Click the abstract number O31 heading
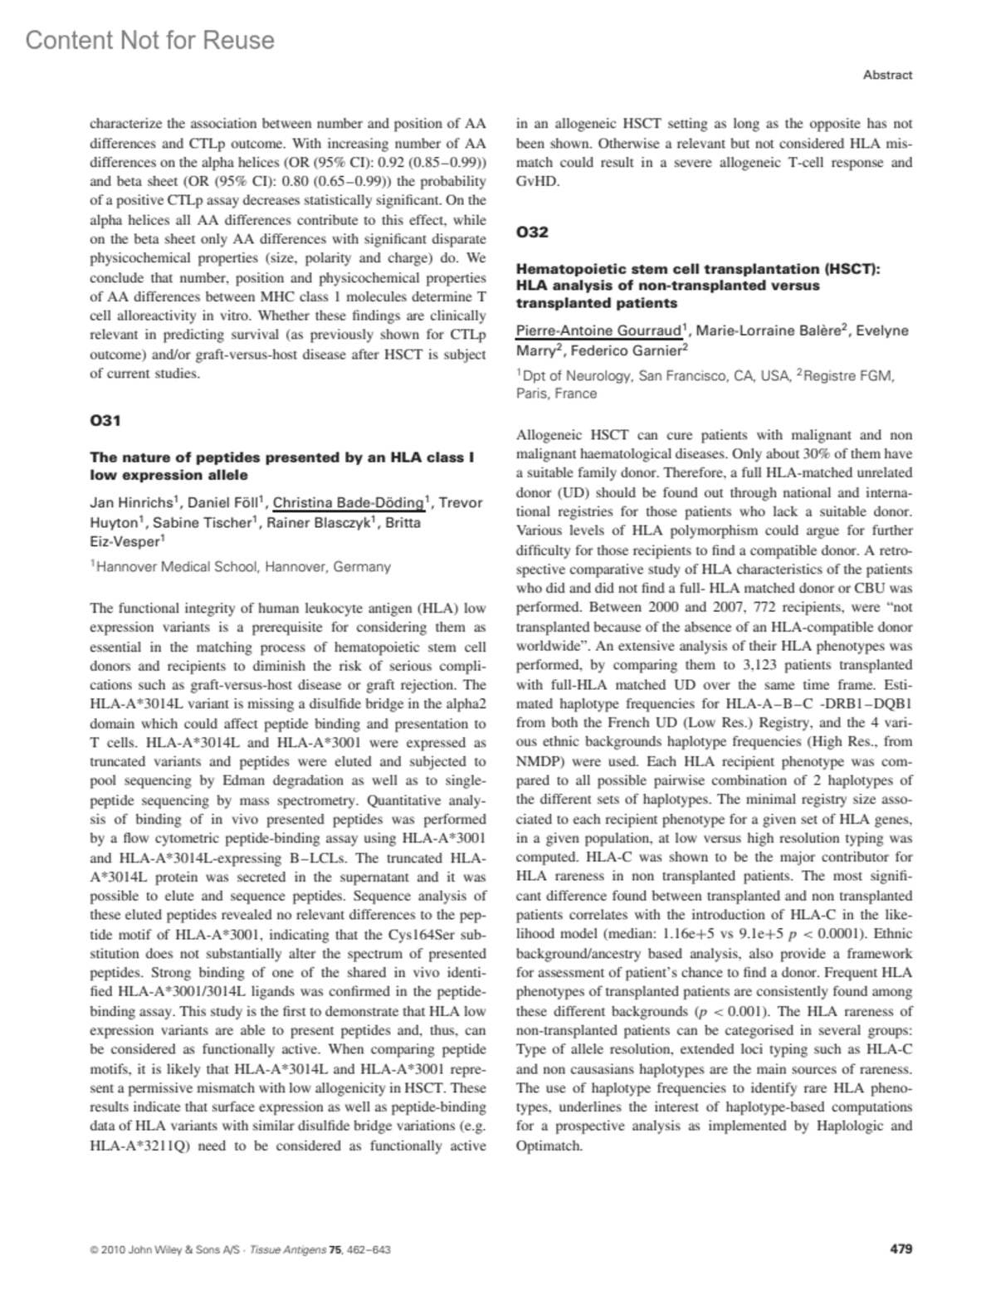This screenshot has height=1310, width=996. click(105, 421)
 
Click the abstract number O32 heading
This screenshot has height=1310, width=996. click(532, 232)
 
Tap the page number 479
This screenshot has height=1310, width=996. click(901, 1248)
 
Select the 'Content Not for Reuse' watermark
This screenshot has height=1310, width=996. click(150, 40)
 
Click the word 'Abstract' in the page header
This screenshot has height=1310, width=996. click(887, 75)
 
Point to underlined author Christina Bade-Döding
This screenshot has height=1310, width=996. click(349, 502)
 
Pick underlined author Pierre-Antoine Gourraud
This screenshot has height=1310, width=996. click(598, 330)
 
